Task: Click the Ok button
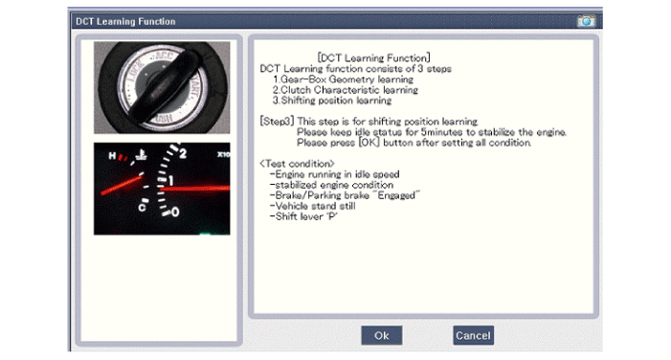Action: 381,335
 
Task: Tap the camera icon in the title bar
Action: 586,21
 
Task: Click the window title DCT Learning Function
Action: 125,21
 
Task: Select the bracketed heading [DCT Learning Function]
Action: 373,57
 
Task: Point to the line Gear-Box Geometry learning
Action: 344,79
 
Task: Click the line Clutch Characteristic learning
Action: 346,90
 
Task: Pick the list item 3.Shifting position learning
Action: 332,101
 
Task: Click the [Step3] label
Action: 277,122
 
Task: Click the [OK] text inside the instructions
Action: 369,143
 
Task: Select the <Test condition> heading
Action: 297,164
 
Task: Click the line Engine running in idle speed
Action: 335,174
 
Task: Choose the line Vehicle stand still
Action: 312,206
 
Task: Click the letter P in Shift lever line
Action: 331,216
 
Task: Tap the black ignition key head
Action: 166,85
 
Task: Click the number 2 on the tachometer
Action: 183,153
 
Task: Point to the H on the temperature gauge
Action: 112,156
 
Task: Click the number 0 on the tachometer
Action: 175,212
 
